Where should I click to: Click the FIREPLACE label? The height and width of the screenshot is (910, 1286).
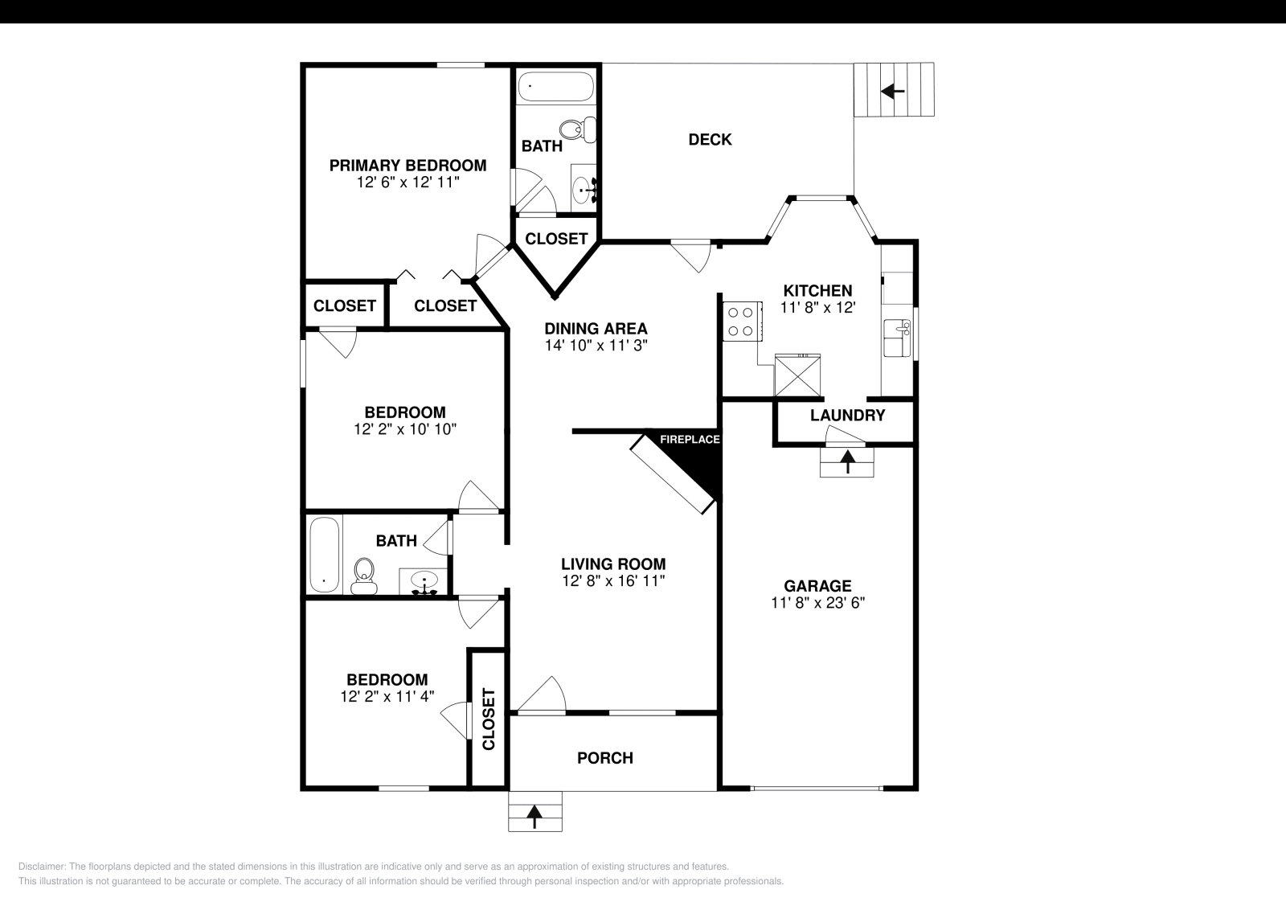pyautogui.click(x=690, y=440)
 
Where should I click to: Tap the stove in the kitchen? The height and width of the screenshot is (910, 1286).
pyautogui.click(x=740, y=321)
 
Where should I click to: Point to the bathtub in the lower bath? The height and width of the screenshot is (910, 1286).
pyautogui.click(x=324, y=554)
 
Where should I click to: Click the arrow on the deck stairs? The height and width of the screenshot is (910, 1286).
pyautogui.click(x=893, y=91)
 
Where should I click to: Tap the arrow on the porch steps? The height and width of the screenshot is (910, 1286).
pyautogui.click(x=534, y=817)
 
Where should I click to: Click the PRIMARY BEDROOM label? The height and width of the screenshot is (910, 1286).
pyautogui.click(x=408, y=166)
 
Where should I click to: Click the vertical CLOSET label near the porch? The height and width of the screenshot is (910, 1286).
pyautogui.click(x=488, y=719)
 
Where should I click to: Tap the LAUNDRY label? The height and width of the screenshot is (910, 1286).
pyautogui.click(x=847, y=416)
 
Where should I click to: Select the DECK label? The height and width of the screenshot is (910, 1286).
pyautogui.click(x=710, y=140)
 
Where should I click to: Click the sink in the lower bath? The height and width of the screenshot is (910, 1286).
pyautogui.click(x=424, y=581)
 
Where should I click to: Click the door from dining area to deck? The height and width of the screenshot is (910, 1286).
pyautogui.click(x=691, y=254)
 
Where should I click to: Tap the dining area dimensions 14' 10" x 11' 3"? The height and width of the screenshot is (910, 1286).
pyautogui.click(x=596, y=345)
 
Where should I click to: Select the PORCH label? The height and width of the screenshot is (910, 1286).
pyautogui.click(x=605, y=758)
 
